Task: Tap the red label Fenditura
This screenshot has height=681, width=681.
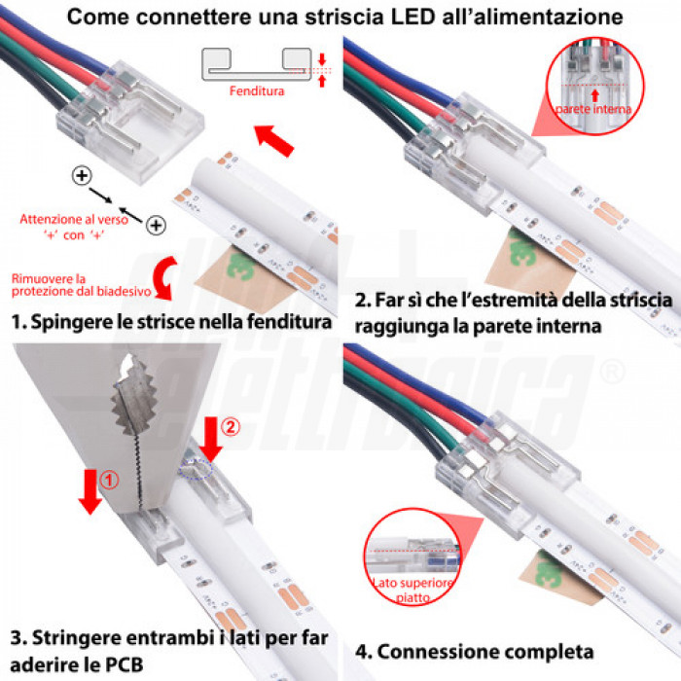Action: pyautogui.click(x=257, y=91)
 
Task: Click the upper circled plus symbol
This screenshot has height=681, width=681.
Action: pyautogui.click(x=82, y=176)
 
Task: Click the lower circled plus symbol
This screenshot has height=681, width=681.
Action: pyautogui.click(x=155, y=226)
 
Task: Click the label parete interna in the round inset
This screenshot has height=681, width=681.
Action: pyautogui.click(x=593, y=110)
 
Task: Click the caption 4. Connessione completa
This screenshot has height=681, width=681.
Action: pyautogui.click(x=474, y=651)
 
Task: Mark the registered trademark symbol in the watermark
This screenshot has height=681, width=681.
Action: pyautogui.click(x=611, y=371)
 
